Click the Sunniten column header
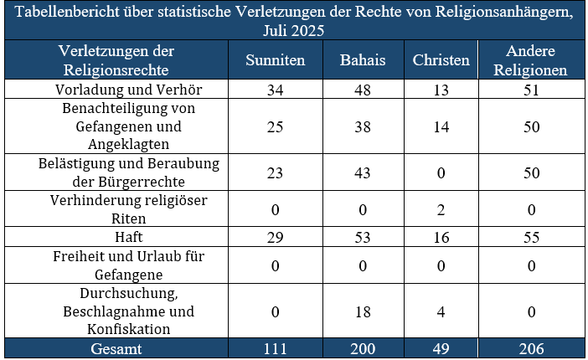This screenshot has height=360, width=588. pos(275,60)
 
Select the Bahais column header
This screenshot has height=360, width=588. pos(362,60)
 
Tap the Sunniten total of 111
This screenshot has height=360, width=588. pos(275,348)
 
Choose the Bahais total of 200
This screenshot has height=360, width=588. pos(362,348)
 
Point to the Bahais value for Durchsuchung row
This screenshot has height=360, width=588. pos(362,311)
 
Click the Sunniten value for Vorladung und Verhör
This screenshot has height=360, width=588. pos(275,89)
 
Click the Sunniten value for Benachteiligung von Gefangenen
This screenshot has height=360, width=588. pos(275,126)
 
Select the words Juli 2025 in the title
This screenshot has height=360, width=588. pos(293,29)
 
